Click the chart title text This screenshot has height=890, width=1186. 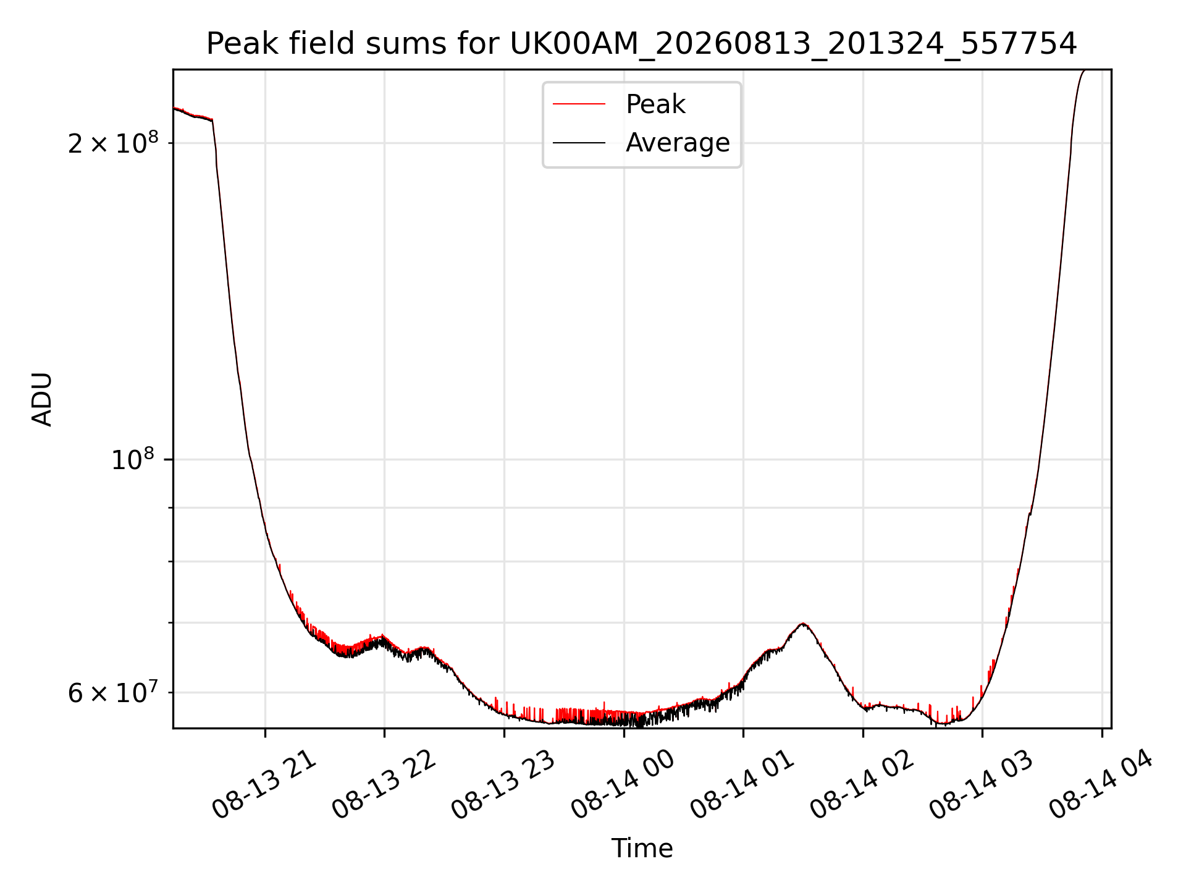pos(641,44)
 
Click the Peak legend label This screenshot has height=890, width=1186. pos(655,104)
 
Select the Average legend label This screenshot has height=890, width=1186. pos(678,143)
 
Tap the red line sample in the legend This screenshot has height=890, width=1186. pos(579,104)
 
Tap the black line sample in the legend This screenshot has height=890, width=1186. pos(579,143)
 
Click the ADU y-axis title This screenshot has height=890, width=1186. pos(42,399)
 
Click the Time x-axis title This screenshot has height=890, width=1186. pos(642,848)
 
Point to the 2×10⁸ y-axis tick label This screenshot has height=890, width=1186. pos(113,143)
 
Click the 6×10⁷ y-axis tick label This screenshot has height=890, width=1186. pos(113,692)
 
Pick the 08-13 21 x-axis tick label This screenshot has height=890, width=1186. pos(264,785)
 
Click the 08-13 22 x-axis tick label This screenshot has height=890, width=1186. pos(384,785)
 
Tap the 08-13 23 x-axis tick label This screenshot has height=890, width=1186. pos(503,785)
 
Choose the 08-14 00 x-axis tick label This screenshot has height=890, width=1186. pos(623,785)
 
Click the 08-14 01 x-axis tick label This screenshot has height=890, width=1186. pos(742,785)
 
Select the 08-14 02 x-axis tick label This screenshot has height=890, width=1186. pos(862,785)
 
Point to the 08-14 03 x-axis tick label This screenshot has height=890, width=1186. pos(982,785)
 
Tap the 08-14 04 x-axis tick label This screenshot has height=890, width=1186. pos(1101,785)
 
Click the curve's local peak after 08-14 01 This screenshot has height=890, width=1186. pos(802,624)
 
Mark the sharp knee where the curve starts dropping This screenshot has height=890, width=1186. pos(212,120)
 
